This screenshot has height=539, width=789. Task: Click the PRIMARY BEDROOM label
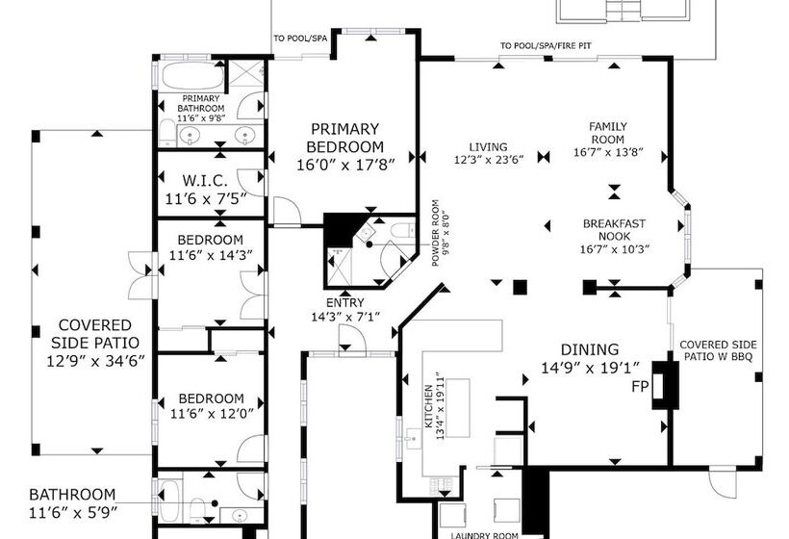[344, 138]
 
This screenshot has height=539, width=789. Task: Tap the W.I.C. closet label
[205, 180]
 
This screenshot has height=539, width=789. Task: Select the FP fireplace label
[640, 387]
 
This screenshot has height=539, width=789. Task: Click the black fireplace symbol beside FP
[665, 384]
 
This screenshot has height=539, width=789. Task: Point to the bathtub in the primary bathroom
[193, 76]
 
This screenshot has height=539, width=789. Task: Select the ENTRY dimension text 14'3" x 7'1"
[345, 317]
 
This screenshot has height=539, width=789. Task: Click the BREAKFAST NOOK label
[614, 229]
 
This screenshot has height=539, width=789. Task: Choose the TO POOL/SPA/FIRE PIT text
[546, 46]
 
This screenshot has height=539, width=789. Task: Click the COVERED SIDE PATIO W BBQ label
[718, 350]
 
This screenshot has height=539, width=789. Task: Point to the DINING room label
[590, 349]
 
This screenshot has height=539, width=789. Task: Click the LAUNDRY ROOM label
[484, 535]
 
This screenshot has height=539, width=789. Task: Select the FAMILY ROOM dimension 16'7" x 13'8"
[609, 152]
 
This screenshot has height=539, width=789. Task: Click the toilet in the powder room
[403, 231]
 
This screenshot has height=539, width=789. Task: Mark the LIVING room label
[488, 147]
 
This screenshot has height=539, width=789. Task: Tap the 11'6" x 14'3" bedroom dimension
[211, 255]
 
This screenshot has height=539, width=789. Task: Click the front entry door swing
[352, 337]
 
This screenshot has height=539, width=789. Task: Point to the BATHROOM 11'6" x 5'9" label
[72, 503]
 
